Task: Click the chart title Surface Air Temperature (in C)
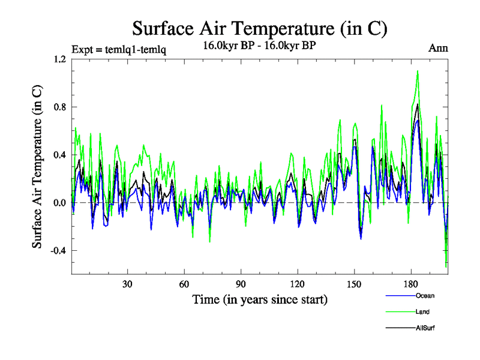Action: (x=259, y=28)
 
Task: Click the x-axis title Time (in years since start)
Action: (x=260, y=299)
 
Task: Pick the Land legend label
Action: (x=422, y=312)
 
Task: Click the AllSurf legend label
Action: (x=425, y=328)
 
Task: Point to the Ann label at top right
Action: (x=437, y=48)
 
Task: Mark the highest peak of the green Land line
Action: (x=417, y=71)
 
